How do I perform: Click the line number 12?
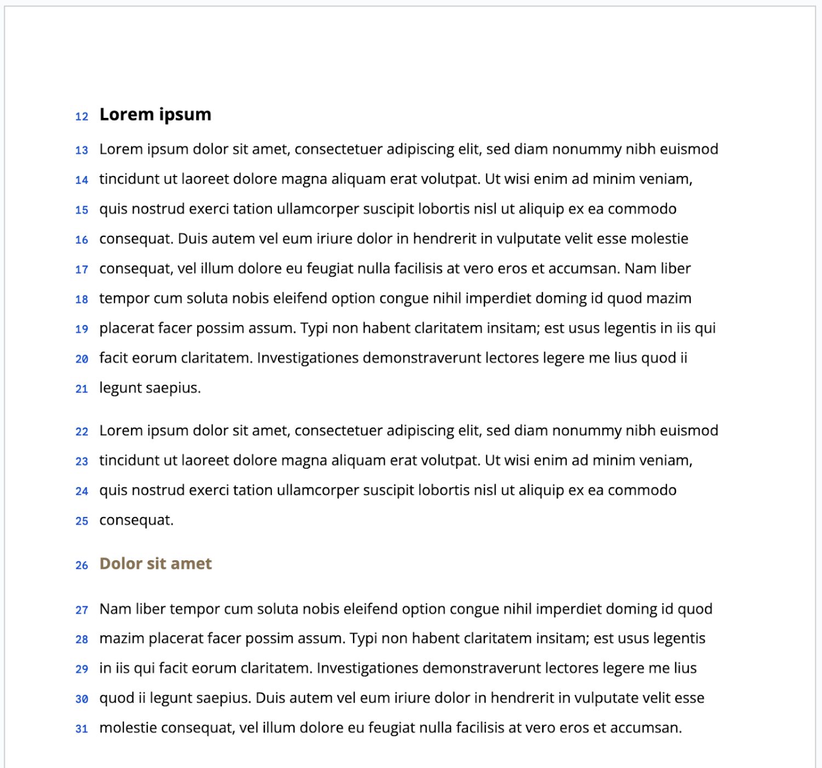click(x=82, y=116)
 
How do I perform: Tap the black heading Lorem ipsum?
click(x=155, y=114)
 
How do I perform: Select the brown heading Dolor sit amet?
click(x=155, y=564)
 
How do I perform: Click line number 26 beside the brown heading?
click(x=82, y=565)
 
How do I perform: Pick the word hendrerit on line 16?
click(x=444, y=238)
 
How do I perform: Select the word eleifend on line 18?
click(x=300, y=298)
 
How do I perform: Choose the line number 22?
click(x=82, y=432)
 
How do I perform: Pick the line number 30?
click(x=82, y=699)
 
